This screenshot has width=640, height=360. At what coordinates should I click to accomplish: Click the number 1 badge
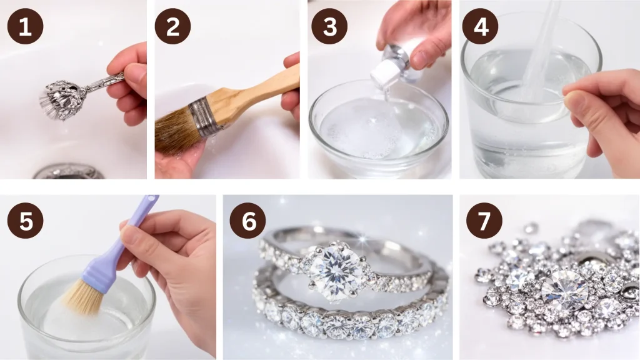(x=25, y=26)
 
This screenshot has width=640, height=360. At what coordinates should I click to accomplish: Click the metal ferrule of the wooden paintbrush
(x=206, y=114)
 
